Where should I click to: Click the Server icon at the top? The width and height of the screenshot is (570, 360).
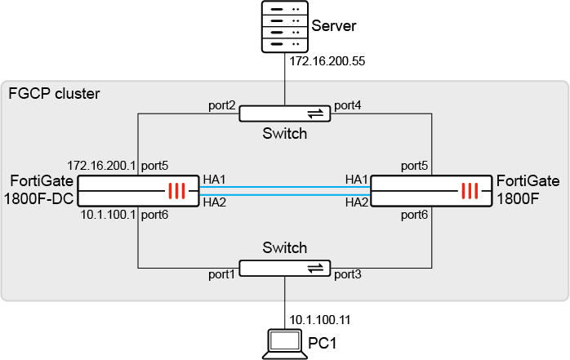[x=284, y=26]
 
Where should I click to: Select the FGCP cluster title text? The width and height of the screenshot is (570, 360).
[x=54, y=94]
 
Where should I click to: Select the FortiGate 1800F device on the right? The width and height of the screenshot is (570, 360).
[x=431, y=191]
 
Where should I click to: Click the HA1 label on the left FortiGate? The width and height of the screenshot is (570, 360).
[x=214, y=180]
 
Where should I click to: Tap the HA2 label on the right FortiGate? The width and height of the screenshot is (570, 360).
[x=356, y=202]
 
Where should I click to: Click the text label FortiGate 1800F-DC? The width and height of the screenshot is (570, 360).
[x=41, y=189]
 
